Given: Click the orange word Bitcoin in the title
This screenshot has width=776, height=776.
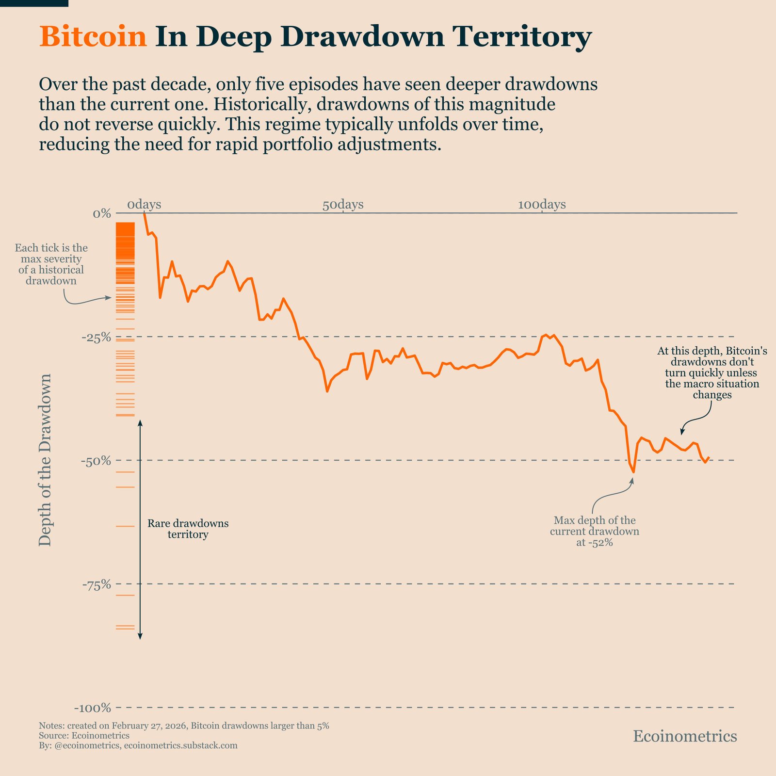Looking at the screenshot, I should pos(93,37).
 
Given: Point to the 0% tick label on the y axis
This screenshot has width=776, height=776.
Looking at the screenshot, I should pos(102,213).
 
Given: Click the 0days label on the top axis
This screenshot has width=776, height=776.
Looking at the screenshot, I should pos(144,205).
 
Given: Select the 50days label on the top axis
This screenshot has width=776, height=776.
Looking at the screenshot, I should pos(343,205).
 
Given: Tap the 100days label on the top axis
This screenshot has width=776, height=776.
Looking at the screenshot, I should pos(541,205).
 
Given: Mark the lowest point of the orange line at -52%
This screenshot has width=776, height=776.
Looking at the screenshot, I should pos(633,472).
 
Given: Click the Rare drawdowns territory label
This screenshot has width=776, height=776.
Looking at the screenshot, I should pos(188,529).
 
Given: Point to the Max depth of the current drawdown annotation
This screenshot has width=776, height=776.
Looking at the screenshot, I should pos(594,531).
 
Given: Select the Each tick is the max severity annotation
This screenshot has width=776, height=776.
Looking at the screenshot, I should pos(51,264).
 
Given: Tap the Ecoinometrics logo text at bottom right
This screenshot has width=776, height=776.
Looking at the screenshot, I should pos(685,736).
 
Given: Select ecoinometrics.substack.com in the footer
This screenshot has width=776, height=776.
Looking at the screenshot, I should pos(181,745).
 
